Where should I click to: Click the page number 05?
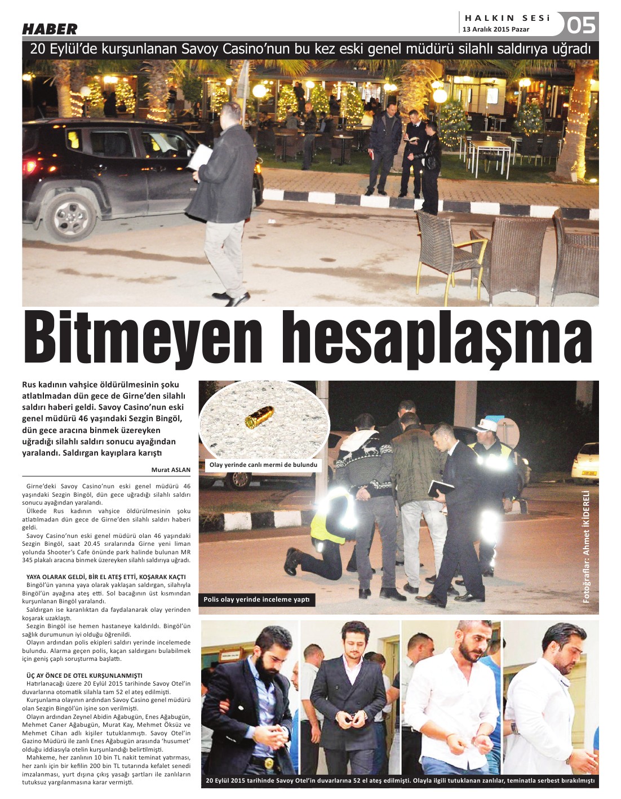tap(580, 25)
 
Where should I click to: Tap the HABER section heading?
tap(50, 29)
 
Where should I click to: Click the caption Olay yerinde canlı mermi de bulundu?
tap(263, 465)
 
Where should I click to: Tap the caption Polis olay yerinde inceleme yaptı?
tap(256, 599)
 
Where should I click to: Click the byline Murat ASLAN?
tap(171, 470)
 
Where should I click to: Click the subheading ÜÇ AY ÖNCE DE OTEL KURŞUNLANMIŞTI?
tap(85, 676)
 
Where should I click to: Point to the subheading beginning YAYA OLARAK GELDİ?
tap(106, 577)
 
